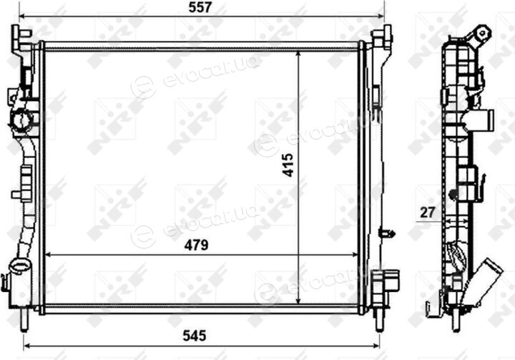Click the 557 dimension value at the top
[200, 7]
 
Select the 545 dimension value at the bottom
[195, 336]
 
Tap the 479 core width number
[196, 245]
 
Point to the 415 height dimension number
[288, 165]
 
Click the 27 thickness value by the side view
[427, 213]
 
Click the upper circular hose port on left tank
[21, 119]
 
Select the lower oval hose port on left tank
[20, 265]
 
